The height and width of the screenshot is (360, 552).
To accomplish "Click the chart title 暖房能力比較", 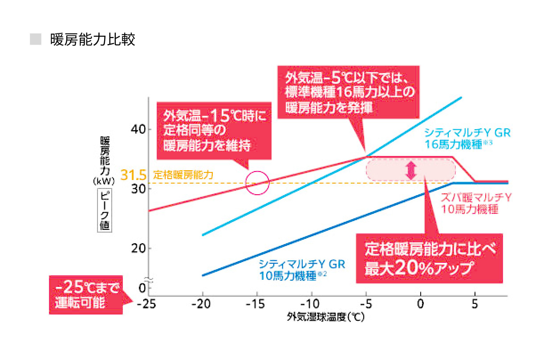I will (x=93, y=39).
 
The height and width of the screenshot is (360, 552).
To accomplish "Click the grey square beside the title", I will (x=35, y=39).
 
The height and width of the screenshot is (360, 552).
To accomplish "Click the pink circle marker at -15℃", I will (x=257, y=183).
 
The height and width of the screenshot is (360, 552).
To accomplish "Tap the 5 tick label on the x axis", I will (x=475, y=304).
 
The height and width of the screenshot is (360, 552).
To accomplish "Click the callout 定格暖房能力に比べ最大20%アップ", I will (x=429, y=258).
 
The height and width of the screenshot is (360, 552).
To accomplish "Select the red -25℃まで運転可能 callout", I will (x=85, y=294).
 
